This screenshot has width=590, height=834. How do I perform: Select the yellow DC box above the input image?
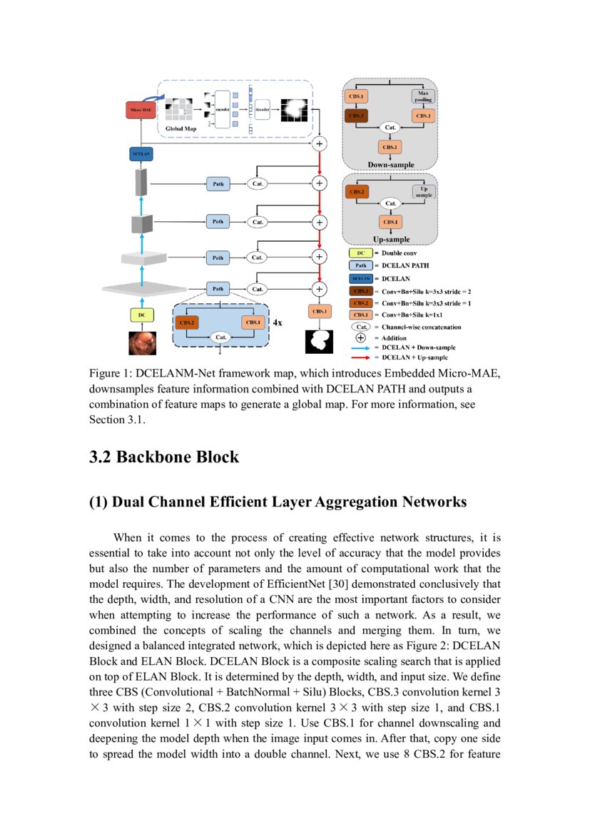(x=141, y=314)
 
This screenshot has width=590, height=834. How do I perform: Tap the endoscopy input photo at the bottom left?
(x=141, y=342)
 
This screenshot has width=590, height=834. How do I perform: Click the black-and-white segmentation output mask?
(x=320, y=340)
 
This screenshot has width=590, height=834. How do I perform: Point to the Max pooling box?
(x=423, y=96)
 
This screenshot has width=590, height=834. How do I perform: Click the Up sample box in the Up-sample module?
(x=423, y=191)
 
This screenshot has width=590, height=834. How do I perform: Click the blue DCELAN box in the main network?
(x=141, y=153)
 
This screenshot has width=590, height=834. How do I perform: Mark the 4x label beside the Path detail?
(x=278, y=322)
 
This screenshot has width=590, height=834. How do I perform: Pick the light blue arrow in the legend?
(x=360, y=347)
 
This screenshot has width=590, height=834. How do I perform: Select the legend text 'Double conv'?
(x=401, y=253)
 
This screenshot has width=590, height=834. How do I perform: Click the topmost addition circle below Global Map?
(x=319, y=144)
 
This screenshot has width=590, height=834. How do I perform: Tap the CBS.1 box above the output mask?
(x=320, y=311)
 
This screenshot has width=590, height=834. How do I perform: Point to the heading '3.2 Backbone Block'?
(x=163, y=457)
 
